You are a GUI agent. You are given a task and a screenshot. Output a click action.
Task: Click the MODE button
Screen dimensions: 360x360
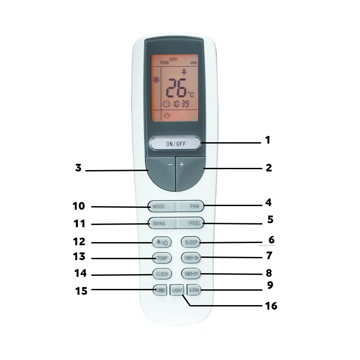(160, 207)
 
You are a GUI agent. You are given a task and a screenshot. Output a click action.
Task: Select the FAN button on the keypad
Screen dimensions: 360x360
(192, 207)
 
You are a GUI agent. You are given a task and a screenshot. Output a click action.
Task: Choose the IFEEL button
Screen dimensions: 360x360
(192, 223)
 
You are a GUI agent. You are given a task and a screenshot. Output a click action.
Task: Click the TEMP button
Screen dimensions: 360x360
(161, 258)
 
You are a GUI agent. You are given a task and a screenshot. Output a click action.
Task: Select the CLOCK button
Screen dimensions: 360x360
(161, 274)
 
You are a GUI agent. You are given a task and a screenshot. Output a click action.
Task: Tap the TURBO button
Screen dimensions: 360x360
(160, 290)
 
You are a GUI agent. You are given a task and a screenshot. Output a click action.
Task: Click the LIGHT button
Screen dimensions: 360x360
(177, 291)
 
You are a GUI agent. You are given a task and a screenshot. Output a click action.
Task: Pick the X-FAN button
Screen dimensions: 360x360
(193, 290)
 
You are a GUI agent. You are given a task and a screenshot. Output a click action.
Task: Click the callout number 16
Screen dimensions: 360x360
(271, 306)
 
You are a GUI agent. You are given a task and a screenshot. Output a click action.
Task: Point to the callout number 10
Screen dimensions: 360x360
(79, 206)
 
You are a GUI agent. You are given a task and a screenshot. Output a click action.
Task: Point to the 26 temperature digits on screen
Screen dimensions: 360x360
(176, 88)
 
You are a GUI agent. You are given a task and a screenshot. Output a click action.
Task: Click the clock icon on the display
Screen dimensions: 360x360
(166, 103)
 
